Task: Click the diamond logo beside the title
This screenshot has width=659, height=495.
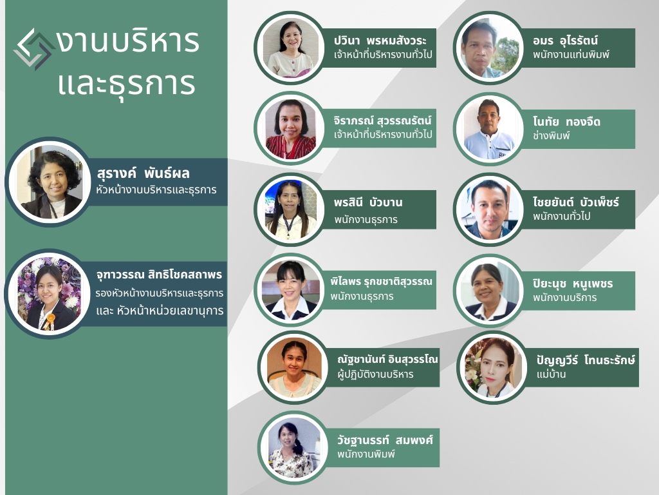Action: pos(33,49)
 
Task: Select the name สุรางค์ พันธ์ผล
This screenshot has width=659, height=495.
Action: pos(144,173)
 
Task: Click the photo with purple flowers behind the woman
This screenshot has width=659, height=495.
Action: pos(50,293)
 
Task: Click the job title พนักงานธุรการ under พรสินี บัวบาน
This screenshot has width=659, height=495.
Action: pos(366,219)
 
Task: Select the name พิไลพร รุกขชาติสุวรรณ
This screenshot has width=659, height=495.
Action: pos(381,282)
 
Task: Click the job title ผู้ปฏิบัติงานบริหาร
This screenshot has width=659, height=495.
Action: pos(375,374)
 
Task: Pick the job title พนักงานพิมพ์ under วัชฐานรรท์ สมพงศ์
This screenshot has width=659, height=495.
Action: pos(366,454)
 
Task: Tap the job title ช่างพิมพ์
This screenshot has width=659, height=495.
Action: pos(552,136)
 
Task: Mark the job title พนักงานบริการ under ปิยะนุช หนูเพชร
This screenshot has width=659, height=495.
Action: pos(564,297)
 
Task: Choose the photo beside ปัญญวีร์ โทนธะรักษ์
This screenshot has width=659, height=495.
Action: pos(491,367)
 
